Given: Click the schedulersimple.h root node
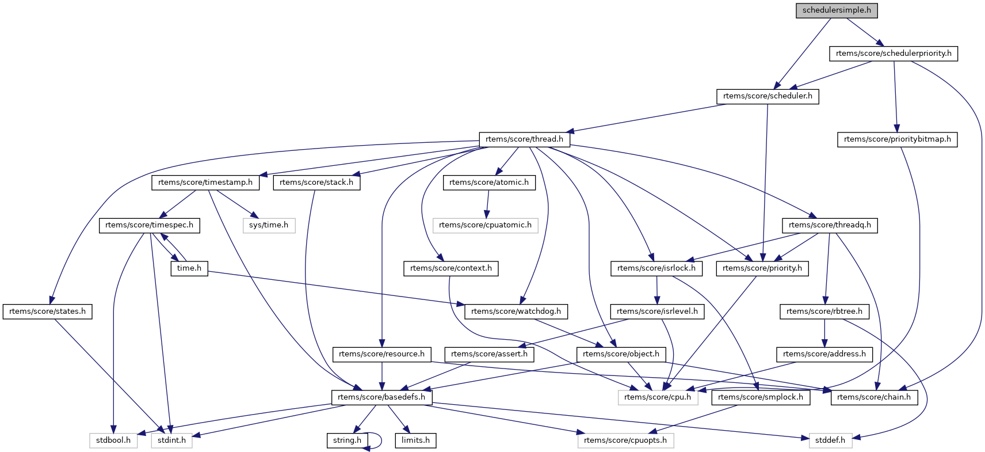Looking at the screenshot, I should tap(837, 10).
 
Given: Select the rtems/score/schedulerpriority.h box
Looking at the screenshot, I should tap(894, 54).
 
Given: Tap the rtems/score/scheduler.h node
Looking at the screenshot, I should tap(768, 96).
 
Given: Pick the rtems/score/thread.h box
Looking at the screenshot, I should tap(524, 139).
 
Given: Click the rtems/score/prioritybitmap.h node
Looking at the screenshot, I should tap(897, 139).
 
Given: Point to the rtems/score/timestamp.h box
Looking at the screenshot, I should tap(205, 183).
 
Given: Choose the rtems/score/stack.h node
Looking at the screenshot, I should tap(316, 183).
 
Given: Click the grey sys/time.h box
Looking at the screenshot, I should tap(269, 225).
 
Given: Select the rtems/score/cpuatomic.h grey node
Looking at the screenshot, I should tap(485, 225).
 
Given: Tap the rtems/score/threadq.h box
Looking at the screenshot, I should tap(830, 225).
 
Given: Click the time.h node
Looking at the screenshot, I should tap(189, 268).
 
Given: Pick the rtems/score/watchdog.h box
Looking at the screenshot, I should tap(516, 312).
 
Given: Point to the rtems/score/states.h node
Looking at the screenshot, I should tap(47, 312).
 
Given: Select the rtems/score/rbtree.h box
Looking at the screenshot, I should tap(824, 312).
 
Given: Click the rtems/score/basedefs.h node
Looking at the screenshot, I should tap(381, 397).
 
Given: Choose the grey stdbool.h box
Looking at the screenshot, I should tap(113, 440).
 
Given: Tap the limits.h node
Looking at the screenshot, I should tap(415, 440).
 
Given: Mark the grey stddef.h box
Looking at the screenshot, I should tap(830, 440).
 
